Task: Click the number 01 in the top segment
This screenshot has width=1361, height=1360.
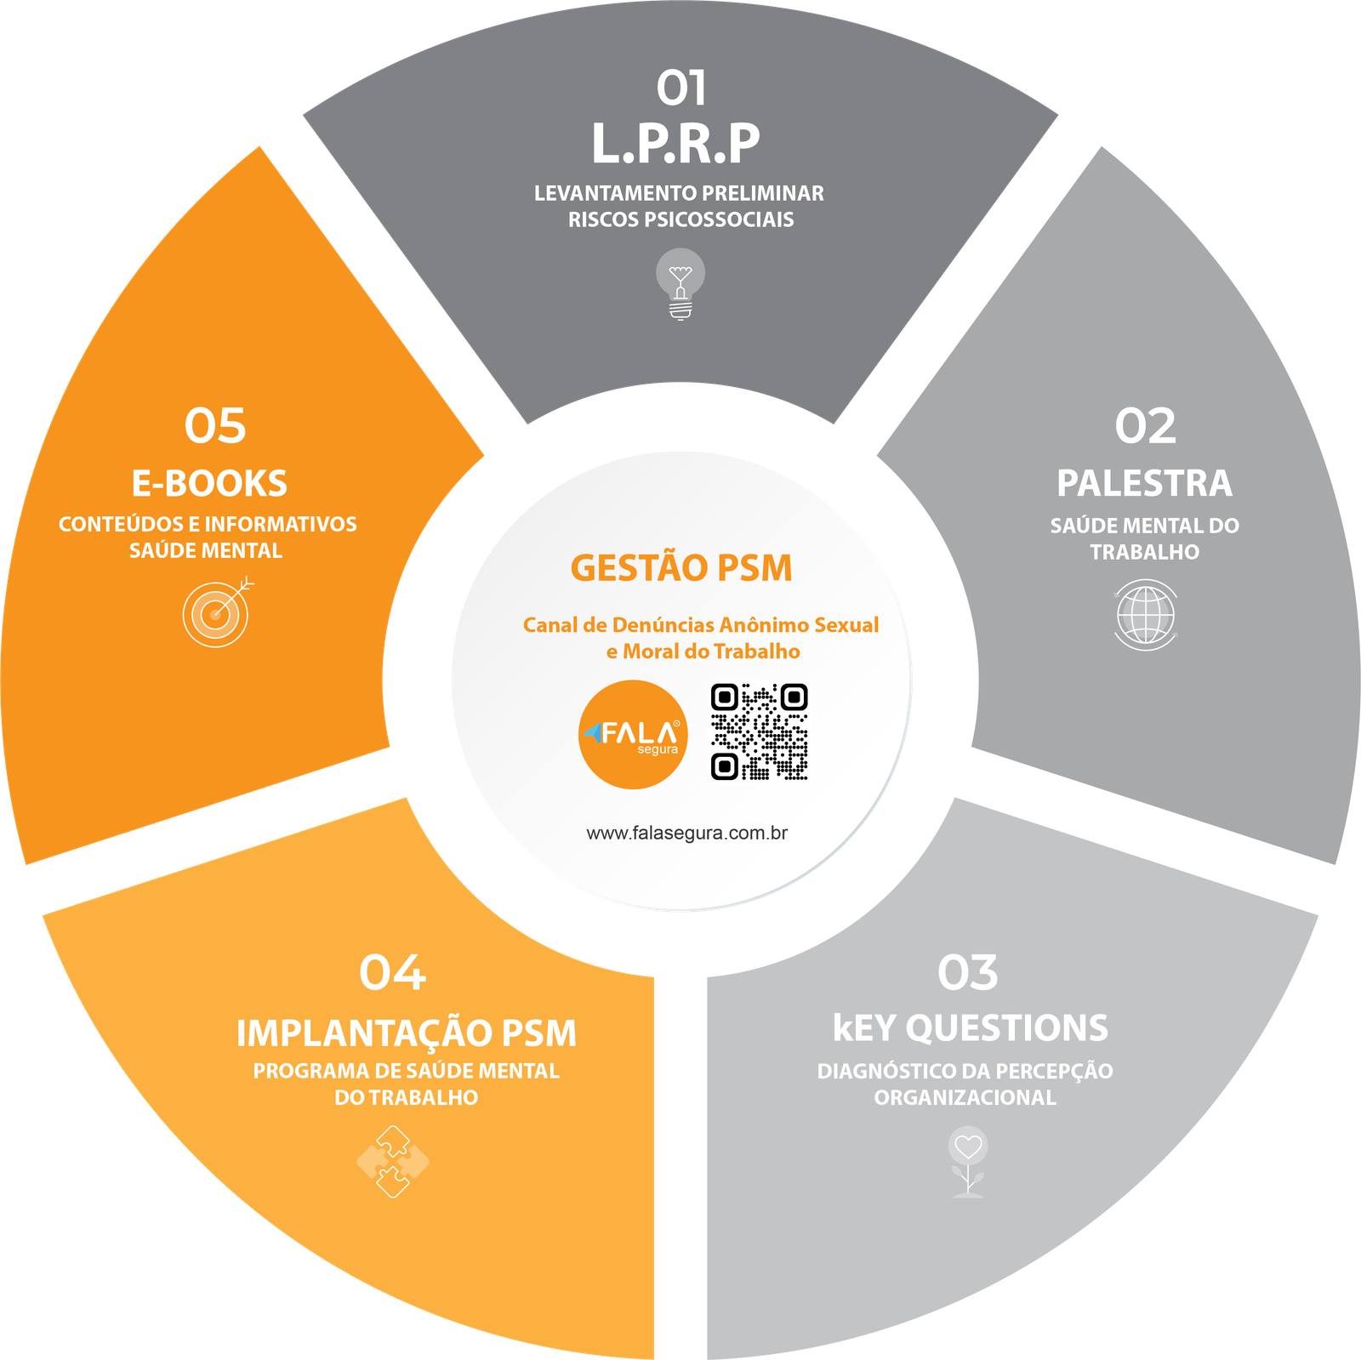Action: point(681,88)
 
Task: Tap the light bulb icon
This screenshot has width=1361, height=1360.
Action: point(680,283)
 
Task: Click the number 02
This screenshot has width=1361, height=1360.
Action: point(1145,426)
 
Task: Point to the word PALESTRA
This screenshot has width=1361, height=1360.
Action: point(1144,483)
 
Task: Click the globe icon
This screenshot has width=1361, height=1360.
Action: point(1145,615)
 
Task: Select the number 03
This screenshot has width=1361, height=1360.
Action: point(967,973)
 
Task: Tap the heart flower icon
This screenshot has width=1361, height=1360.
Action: point(968,1161)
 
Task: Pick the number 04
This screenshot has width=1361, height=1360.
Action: point(392,973)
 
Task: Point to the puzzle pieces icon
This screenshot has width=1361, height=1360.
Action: point(393,1161)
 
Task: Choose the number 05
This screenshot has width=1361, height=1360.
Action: point(215,426)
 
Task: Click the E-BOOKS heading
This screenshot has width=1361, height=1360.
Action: point(209,483)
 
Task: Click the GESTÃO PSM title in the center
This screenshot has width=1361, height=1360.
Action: point(680,568)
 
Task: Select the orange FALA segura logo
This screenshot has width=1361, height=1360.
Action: point(633,734)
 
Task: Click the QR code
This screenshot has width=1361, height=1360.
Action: point(759,732)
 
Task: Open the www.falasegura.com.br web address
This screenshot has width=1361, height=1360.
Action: point(686,833)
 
